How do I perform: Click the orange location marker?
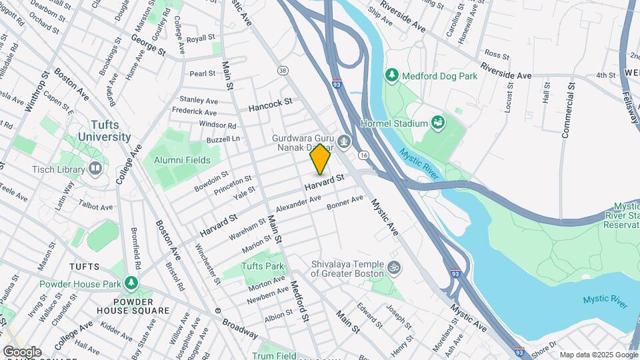[x=320, y=159]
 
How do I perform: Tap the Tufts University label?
[x=104, y=131]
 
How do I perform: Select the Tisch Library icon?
[x=95, y=169]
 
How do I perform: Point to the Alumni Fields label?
[x=182, y=160]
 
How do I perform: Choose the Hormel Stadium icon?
[x=438, y=123]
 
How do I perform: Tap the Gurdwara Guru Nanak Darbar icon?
[x=343, y=140]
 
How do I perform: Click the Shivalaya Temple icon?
[x=394, y=267]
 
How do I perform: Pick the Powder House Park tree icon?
[x=131, y=284]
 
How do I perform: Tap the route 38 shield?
[x=283, y=70]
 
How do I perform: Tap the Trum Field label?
[x=274, y=355]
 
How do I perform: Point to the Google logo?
[x=22, y=352]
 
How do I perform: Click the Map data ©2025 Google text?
[x=598, y=355]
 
